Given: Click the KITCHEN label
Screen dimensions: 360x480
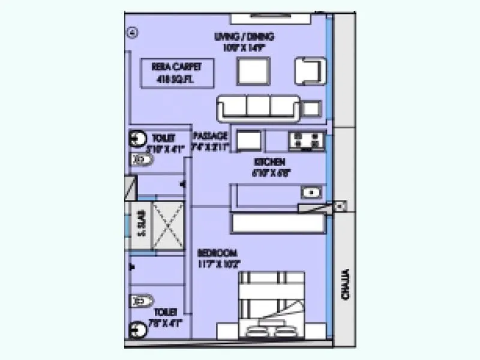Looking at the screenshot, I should tap(269, 167).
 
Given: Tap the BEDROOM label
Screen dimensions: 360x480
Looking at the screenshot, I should tap(218, 257).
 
